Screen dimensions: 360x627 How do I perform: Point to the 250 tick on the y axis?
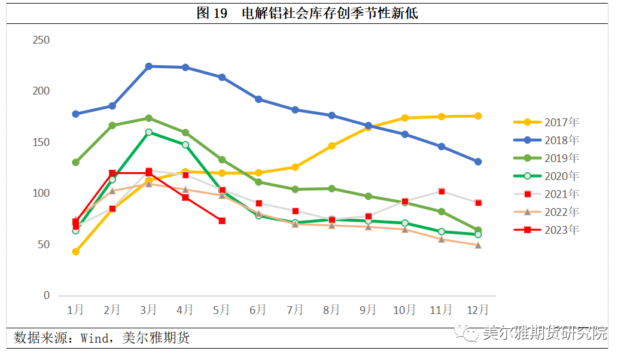pyautogui.click(x=41, y=40)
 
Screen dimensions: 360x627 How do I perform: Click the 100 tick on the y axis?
pyautogui.click(x=41, y=193)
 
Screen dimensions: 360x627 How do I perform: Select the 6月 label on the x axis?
pyautogui.click(x=258, y=310)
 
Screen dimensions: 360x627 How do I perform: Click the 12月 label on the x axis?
pyautogui.click(x=477, y=310)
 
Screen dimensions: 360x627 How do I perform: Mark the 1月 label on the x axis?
pyautogui.click(x=75, y=310)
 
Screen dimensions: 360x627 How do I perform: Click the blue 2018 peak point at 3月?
pyautogui.click(x=148, y=66)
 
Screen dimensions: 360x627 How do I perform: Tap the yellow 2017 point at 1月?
pyautogui.click(x=75, y=252)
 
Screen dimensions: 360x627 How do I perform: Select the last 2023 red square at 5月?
pyautogui.click(x=222, y=221)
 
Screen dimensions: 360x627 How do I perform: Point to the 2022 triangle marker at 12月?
pyautogui.click(x=478, y=245)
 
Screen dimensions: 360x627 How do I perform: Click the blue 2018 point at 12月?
pyautogui.click(x=478, y=161)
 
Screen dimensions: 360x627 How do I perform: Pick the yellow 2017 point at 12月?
pyautogui.click(x=478, y=116)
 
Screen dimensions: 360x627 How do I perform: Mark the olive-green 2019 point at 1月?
pyautogui.click(x=75, y=162)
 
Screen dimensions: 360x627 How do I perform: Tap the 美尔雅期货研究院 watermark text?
pyautogui.click(x=544, y=333)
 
